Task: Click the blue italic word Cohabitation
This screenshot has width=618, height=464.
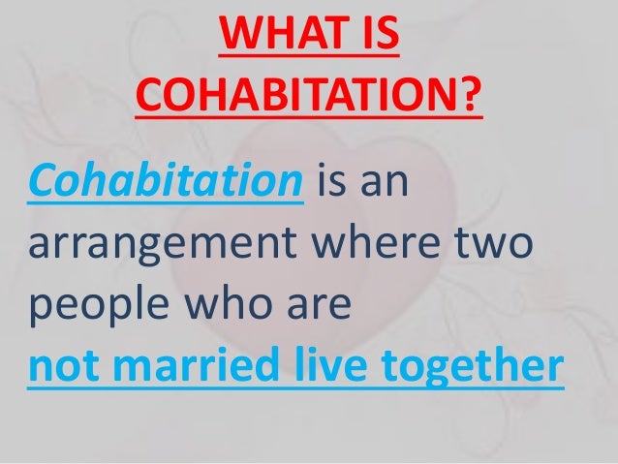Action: pyautogui.click(x=164, y=181)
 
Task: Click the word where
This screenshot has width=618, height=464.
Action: pyautogui.click(x=400, y=244)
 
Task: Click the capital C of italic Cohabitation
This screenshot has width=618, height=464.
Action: pyautogui.click(x=45, y=181)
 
